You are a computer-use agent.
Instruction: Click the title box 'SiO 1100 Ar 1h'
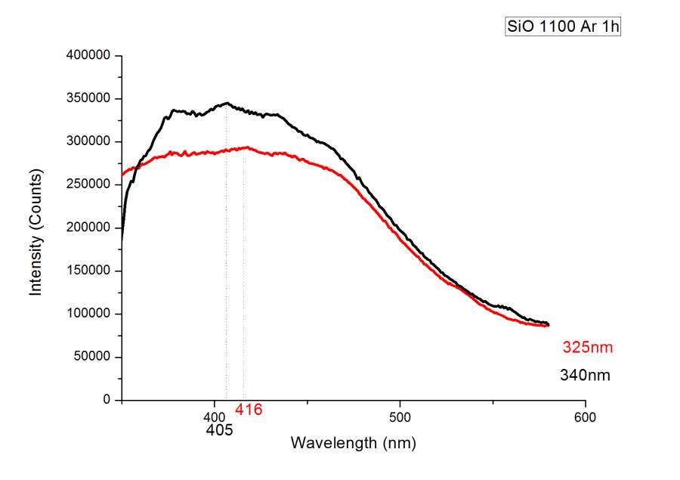562,27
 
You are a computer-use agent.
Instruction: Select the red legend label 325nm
587,348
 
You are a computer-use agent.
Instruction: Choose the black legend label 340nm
585,375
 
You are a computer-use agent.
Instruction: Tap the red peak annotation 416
248,410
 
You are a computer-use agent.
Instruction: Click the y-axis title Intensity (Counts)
36,231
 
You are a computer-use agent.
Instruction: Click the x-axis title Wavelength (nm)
353,442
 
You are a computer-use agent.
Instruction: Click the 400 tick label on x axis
215,417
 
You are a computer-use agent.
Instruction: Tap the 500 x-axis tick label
400,417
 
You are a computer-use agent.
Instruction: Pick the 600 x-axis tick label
585,417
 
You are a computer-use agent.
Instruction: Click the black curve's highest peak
226,104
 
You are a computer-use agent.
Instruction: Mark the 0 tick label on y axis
107,400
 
